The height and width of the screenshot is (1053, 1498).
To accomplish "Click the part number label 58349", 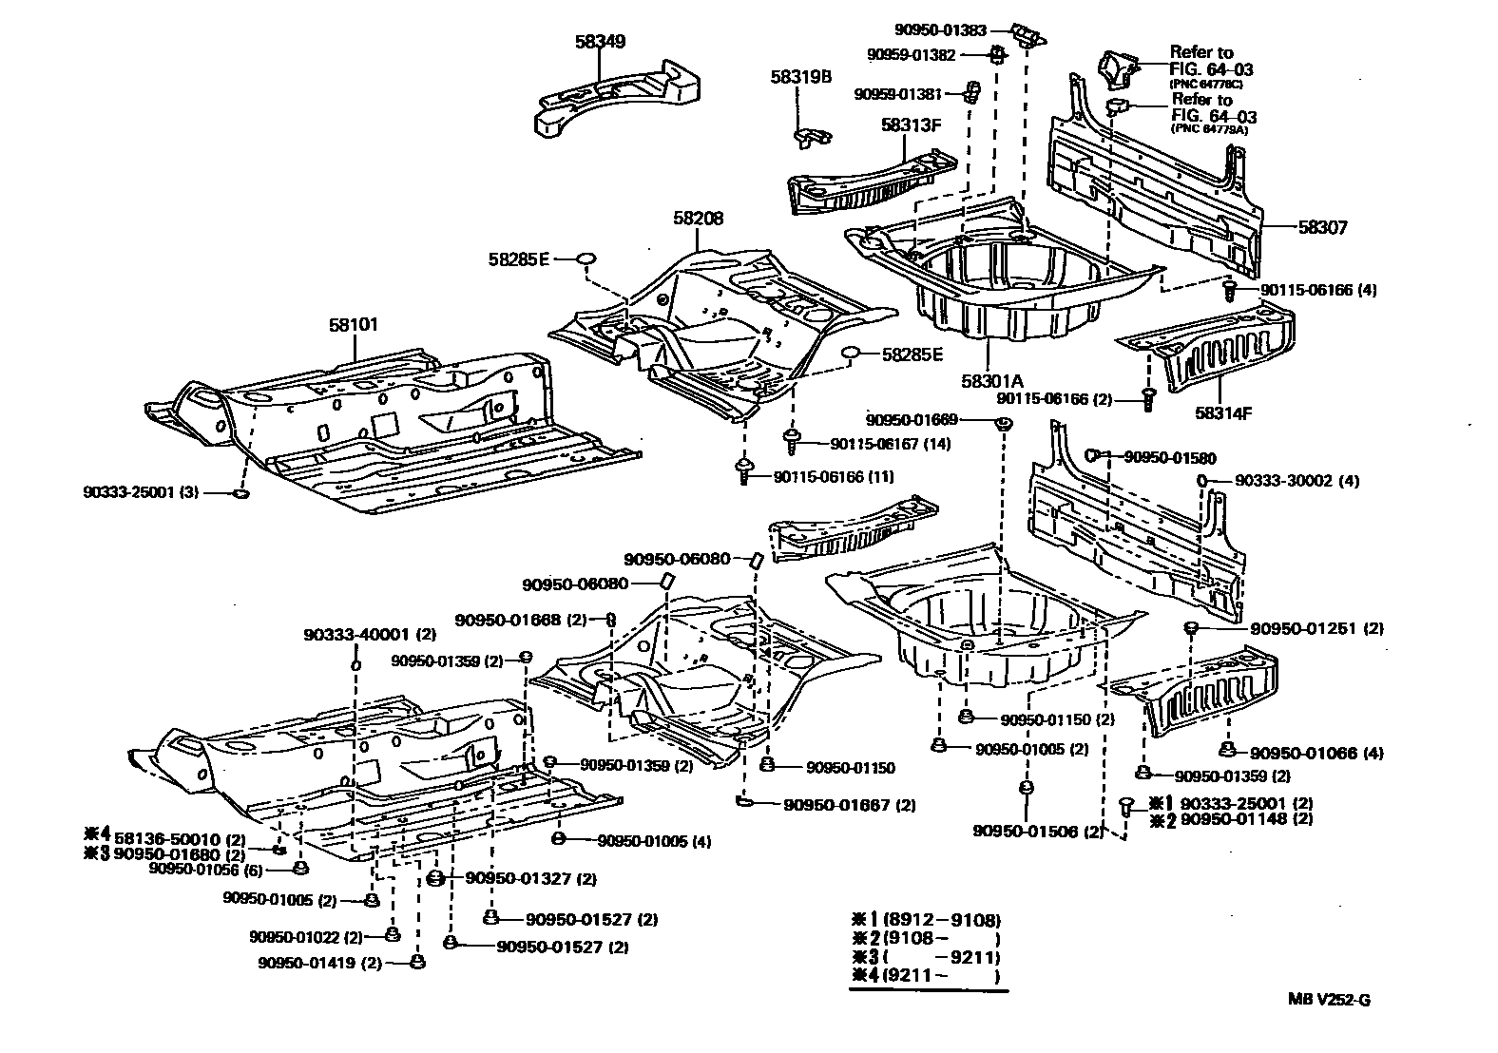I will click(x=599, y=42).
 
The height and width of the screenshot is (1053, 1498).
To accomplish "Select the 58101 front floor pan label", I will click(x=353, y=325).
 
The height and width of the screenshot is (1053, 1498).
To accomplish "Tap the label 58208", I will click(x=699, y=219).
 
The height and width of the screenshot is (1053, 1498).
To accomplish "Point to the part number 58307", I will click(x=1323, y=228).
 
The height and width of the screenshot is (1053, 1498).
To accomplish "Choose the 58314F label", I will click(x=1224, y=413).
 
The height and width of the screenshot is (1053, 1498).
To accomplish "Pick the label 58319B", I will click(x=801, y=77).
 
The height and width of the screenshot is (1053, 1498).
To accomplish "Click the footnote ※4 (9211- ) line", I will click(x=926, y=976).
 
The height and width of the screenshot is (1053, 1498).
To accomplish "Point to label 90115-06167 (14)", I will click(x=890, y=444).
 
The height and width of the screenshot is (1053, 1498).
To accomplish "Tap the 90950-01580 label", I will click(x=1169, y=457).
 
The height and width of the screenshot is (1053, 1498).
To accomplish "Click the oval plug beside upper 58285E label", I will click(x=586, y=258).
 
